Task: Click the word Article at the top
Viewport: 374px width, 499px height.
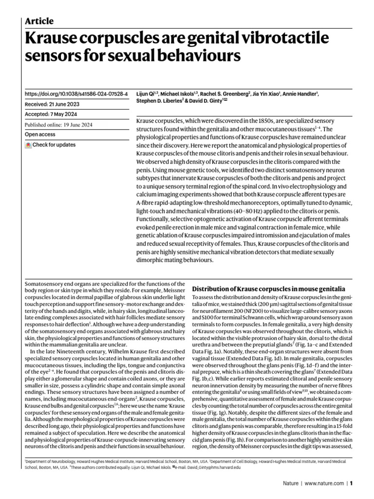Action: pyautogui.click(x=39, y=21)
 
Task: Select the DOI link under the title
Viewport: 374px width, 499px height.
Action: pyautogui.click(x=76, y=93)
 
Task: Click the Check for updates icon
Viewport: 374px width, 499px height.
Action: pyautogui.click(x=28, y=145)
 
